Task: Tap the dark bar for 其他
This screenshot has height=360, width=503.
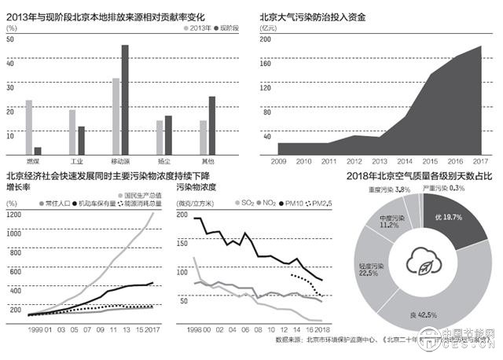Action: [211, 124]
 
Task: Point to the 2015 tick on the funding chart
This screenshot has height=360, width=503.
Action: [432, 160]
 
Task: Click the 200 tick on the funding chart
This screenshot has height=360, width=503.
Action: [265, 39]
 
